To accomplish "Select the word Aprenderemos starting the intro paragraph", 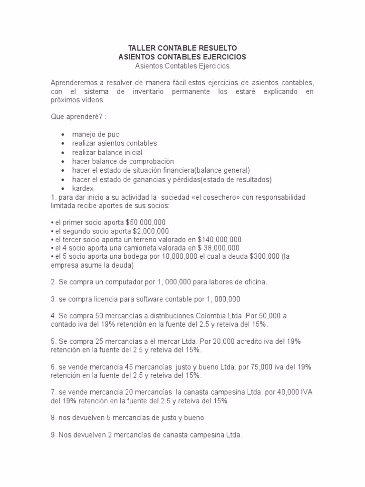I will (x=74, y=82).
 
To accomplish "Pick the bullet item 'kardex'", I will (x=83, y=188).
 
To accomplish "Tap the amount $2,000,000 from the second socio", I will (x=146, y=231).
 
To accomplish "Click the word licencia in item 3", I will (x=106, y=299).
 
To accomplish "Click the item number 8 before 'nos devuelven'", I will (x=53, y=418).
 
